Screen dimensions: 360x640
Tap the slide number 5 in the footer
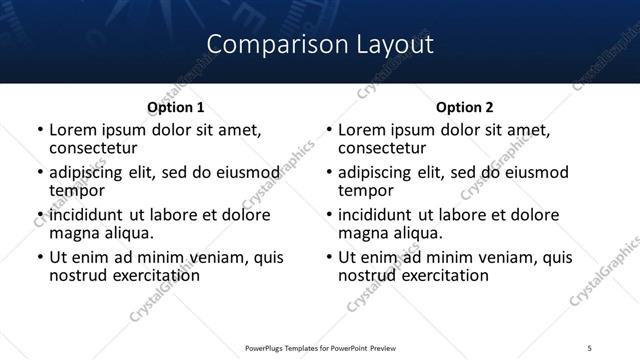pyautogui.click(x=589, y=346)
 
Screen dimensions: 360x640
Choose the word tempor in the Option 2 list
pyautogui.click(x=366, y=190)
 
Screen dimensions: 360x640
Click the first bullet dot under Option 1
pyautogui.click(x=39, y=130)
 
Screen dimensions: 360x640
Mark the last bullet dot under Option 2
pyautogui.click(x=328, y=257)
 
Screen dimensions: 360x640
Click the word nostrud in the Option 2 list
pyautogui.click(x=369, y=275)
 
